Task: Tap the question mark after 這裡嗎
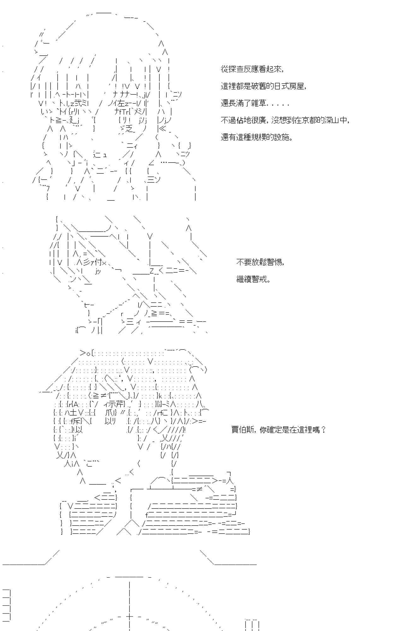[323, 429]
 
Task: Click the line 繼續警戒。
[253, 279]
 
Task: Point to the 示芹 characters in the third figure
[115, 404]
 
